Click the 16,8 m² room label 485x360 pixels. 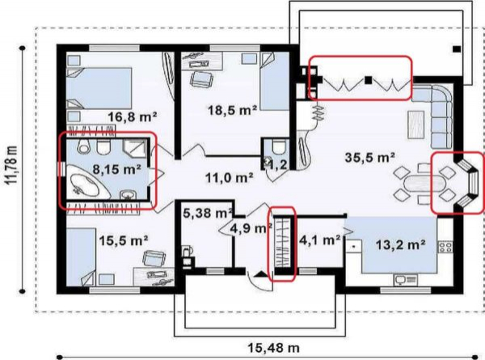[x=133, y=117]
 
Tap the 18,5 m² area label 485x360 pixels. [x=233, y=110]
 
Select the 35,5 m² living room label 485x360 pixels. [x=369, y=157]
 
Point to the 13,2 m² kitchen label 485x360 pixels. [x=400, y=245]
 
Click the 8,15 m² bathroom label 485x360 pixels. [x=117, y=169]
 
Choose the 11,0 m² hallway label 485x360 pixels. [x=230, y=178]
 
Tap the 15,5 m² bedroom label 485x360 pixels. [x=124, y=240]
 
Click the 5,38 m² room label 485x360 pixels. [x=208, y=213]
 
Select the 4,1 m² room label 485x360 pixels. [x=320, y=239]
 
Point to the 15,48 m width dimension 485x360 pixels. [x=273, y=348]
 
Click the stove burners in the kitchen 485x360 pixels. [x=445, y=247]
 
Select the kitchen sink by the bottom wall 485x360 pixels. [x=405, y=280]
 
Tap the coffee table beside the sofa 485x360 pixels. [x=416, y=125]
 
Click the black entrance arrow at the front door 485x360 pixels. [x=259, y=273]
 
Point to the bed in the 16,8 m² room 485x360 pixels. [x=99, y=88]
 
